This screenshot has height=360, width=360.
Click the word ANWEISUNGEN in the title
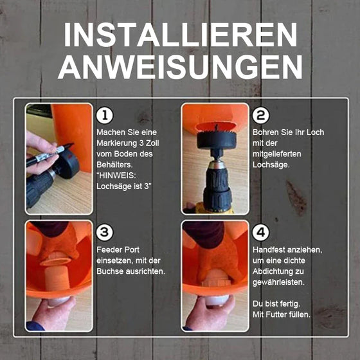(x=180, y=66)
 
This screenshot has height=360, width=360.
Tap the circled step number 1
(x=104, y=116)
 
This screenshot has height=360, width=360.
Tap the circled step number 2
(x=260, y=116)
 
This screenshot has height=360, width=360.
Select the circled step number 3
(x=104, y=232)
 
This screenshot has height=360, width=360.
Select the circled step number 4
(x=260, y=232)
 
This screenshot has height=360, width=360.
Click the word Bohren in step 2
(x=265, y=132)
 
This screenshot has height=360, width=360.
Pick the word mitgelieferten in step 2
(x=277, y=154)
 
